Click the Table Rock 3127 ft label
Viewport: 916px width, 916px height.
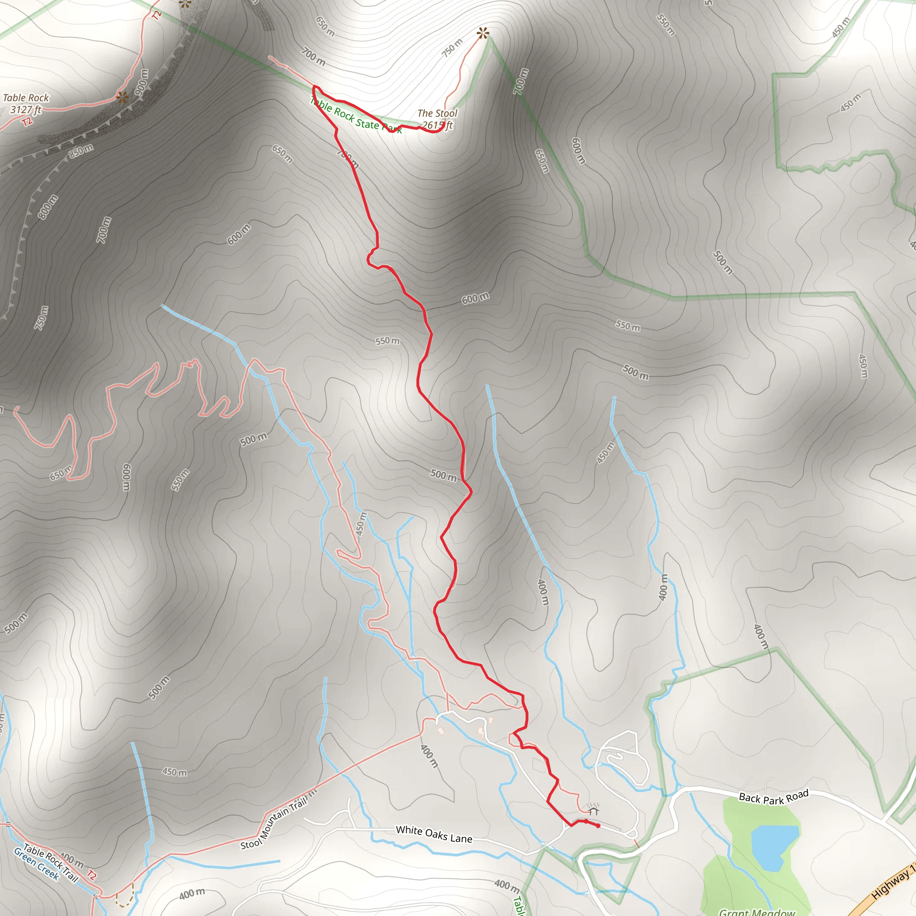tap(26, 103)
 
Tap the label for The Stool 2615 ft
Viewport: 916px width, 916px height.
tap(437, 119)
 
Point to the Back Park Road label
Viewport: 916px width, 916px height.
tap(774, 797)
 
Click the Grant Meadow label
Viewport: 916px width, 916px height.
tap(757, 911)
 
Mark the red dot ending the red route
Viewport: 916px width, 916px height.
tap(598, 826)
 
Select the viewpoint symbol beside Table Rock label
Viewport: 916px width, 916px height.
tap(122, 98)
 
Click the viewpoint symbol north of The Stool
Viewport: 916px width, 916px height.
tap(483, 33)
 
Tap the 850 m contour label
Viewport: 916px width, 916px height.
tap(81, 150)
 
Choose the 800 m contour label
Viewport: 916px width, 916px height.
tap(48, 207)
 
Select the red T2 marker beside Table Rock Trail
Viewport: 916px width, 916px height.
tap(92, 875)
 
